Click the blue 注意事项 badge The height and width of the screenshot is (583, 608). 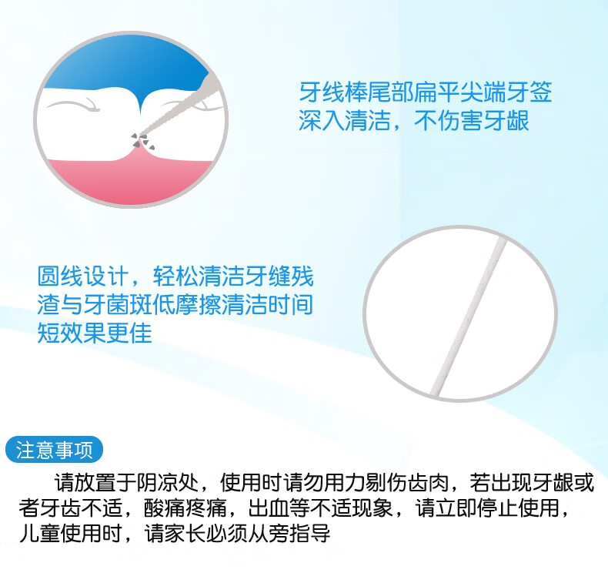pos(55,450)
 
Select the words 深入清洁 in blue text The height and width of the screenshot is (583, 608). pos(344,121)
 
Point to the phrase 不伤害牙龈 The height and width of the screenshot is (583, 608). pos(472,121)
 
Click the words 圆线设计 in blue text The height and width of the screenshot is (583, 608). pos(82,276)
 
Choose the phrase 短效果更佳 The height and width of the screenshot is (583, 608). pos(94,333)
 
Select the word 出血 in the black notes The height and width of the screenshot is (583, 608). pos(269,508)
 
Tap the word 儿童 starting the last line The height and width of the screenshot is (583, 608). pos(40,534)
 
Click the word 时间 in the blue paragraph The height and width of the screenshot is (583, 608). pos(290,304)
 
